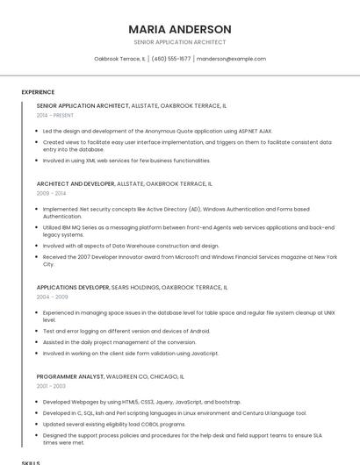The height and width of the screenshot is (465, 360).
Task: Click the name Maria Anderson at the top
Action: point(180,29)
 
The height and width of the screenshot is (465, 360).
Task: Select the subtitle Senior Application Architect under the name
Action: point(180,42)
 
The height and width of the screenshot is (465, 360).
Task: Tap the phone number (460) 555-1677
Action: point(170,59)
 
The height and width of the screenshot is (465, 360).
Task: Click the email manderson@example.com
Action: point(231,59)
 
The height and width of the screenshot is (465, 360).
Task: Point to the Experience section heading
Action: point(38,92)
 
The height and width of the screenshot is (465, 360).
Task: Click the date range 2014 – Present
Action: point(55,115)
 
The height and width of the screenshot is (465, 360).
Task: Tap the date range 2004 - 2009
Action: point(52,297)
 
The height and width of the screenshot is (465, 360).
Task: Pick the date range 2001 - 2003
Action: point(52,386)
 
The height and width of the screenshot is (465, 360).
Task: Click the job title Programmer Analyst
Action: point(69,376)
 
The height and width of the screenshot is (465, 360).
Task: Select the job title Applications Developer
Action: point(73,287)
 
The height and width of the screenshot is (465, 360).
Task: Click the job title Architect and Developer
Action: point(76,183)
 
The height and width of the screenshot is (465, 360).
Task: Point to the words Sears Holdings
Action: point(135,287)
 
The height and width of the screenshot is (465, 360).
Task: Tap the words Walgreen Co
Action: point(128,376)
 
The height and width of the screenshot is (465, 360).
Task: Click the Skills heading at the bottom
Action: point(31,461)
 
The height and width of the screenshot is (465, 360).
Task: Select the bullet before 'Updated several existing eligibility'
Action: point(39,424)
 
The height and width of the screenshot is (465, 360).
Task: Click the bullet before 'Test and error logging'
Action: point(39,331)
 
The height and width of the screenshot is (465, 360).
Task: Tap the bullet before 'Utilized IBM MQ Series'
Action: point(39,227)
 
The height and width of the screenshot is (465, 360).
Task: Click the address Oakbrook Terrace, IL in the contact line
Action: point(119,59)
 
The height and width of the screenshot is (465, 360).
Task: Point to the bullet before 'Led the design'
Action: point(39,131)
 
